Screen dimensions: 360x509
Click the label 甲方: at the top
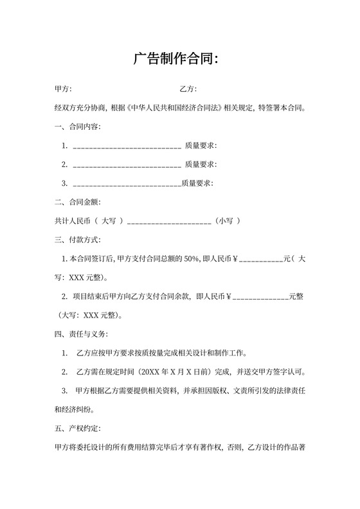(x=63, y=89)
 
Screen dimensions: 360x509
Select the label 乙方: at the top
(x=188, y=89)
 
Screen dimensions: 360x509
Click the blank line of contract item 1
(x=127, y=147)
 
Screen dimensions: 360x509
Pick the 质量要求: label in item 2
(x=200, y=165)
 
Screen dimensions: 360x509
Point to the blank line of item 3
(x=127, y=184)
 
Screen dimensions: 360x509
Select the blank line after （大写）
(x=170, y=222)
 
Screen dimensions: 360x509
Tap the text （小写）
(x=228, y=221)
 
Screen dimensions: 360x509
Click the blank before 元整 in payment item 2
(x=260, y=298)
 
